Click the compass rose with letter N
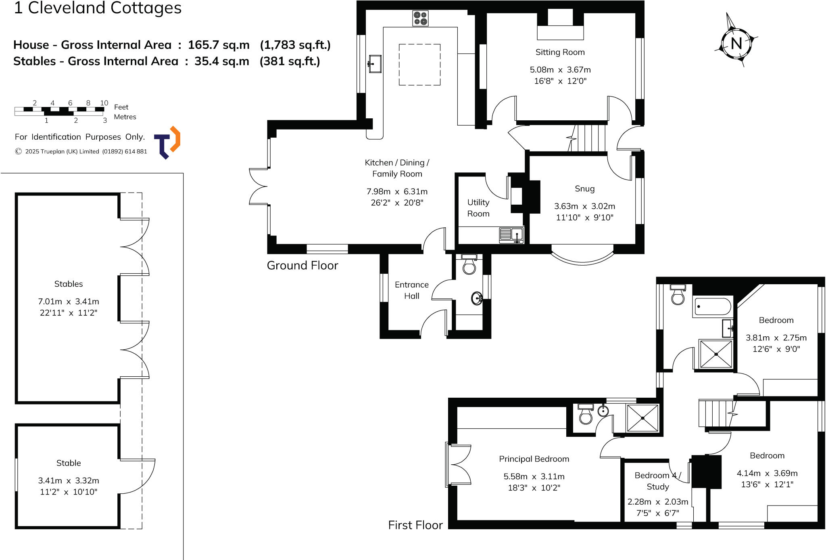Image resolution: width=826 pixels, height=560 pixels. [736, 42]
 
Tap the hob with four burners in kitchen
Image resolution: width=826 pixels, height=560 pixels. [420, 19]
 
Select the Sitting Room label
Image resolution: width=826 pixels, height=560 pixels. [560, 52]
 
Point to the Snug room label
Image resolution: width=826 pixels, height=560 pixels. [584, 189]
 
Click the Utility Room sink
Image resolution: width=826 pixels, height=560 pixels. [511, 235]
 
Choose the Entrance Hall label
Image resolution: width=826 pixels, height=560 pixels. [411, 290]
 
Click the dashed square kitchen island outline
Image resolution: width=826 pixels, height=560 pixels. [419, 65]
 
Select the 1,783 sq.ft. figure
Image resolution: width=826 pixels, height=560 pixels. [295, 45]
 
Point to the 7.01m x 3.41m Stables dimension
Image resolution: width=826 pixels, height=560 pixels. [69, 302]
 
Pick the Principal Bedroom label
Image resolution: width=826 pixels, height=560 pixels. [534, 459]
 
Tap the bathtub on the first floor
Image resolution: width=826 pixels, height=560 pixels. [713, 307]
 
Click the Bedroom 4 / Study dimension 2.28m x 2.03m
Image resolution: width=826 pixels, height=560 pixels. [657, 502]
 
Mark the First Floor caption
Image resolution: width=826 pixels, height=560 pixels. [415, 525]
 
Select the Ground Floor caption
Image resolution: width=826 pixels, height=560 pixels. [302, 265]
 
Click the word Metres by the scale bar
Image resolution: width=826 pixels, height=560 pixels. [125, 117]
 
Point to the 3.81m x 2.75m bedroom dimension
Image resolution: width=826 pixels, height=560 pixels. [776, 338]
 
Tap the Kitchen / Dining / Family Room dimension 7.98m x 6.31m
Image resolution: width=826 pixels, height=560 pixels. [397, 192]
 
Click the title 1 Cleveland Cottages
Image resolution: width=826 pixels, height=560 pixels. [98, 8]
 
